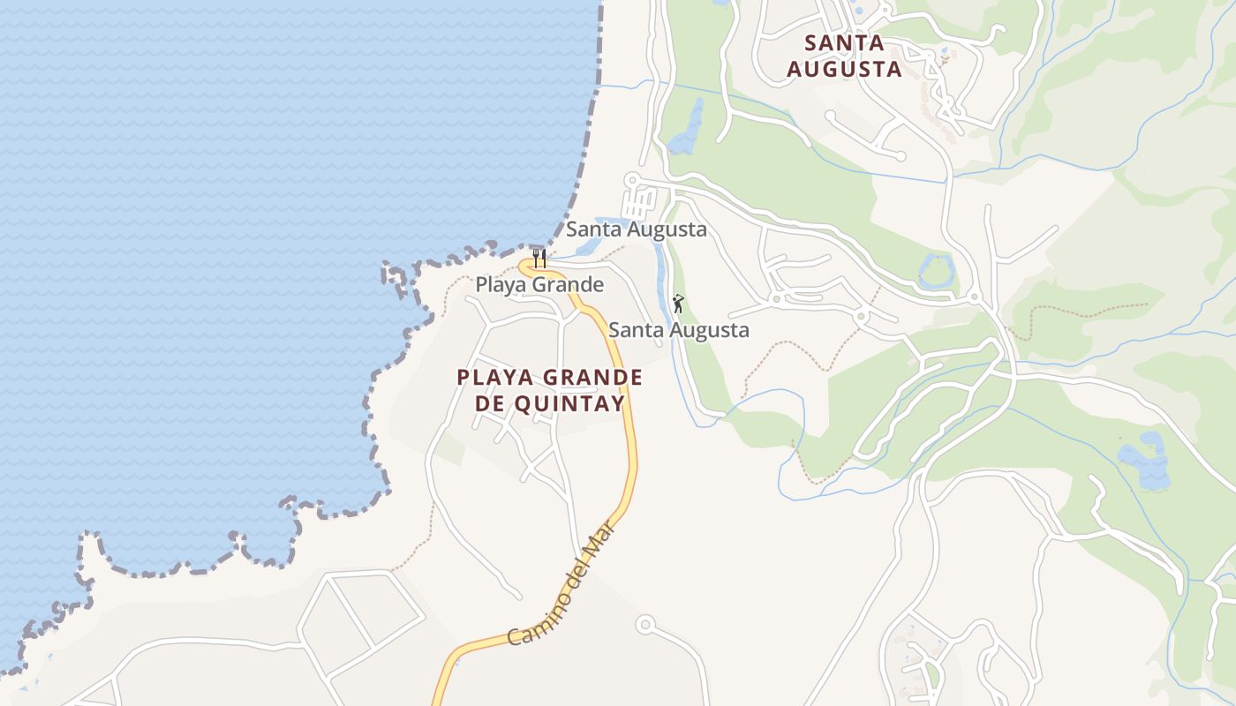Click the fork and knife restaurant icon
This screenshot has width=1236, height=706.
539,258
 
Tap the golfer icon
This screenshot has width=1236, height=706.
678,304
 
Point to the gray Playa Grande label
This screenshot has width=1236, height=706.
539,284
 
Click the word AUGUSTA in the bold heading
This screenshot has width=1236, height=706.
844,69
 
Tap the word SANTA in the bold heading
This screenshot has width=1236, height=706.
845,42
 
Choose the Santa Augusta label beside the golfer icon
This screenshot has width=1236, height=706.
678,330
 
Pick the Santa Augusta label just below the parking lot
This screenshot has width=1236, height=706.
636,229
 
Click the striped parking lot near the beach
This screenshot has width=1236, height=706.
639,204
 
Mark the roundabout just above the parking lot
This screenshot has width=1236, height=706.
631,180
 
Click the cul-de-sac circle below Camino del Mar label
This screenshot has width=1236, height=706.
645,625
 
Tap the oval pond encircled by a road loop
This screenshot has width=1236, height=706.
937,270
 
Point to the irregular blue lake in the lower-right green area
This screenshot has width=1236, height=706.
1146,462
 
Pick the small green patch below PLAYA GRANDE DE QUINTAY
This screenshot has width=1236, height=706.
449,448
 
